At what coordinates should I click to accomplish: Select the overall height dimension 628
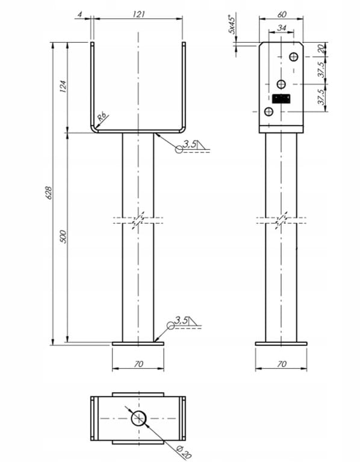pyautogui.click(x=49, y=192)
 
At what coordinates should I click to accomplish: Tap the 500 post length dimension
pyautogui.click(x=64, y=236)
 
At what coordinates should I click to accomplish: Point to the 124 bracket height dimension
pyautogui.click(x=64, y=86)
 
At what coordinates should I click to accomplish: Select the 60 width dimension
pyautogui.click(x=282, y=13)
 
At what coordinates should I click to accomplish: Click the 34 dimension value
pyautogui.click(x=282, y=27)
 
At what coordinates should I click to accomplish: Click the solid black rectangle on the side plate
pyautogui.click(x=281, y=99)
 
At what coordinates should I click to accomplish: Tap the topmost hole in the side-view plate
pyautogui.click(x=293, y=57)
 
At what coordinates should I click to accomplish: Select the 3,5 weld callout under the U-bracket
pyautogui.click(x=188, y=145)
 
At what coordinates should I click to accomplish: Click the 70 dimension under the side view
pyautogui.click(x=281, y=363)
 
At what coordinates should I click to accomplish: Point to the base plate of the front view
pyautogui.click(x=138, y=343)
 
